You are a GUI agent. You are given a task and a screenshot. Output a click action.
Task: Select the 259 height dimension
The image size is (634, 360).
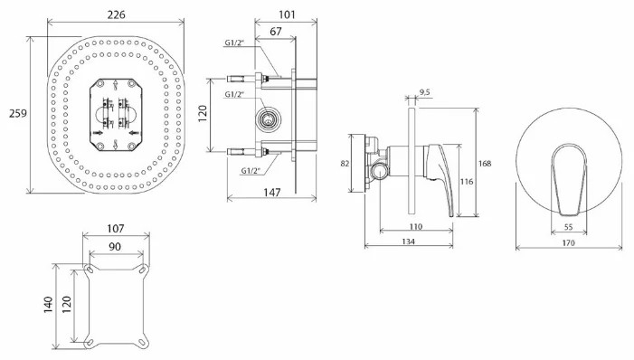pos(15,114)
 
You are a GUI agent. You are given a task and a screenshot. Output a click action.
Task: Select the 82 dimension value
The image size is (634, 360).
pos(345,163)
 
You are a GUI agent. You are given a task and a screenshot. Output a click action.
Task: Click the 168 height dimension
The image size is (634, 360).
pos(485,164)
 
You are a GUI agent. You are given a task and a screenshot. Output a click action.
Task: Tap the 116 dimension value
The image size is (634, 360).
pos(468,182)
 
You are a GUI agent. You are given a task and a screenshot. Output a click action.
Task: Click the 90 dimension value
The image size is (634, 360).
pos(114,246)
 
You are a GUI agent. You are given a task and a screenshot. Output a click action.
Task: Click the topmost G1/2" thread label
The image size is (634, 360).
pos(238,42)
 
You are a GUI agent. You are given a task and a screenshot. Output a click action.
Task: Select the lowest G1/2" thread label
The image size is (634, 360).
pos(251,170)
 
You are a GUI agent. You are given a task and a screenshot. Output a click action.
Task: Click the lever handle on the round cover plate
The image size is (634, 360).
pos(566,172)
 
